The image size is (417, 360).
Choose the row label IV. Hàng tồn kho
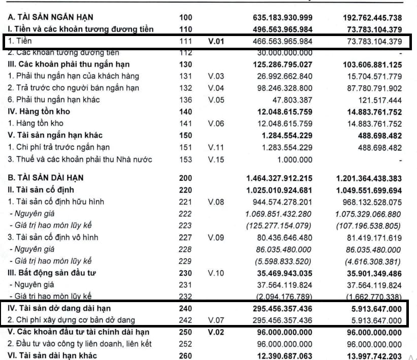(x=39, y=111)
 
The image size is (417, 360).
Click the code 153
(x=186, y=159)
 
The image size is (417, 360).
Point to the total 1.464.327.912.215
(x=279, y=178)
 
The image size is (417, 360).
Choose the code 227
(x=186, y=237)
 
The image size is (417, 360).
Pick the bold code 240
(x=186, y=308)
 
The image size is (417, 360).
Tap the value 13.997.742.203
(x=369, y=356)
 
